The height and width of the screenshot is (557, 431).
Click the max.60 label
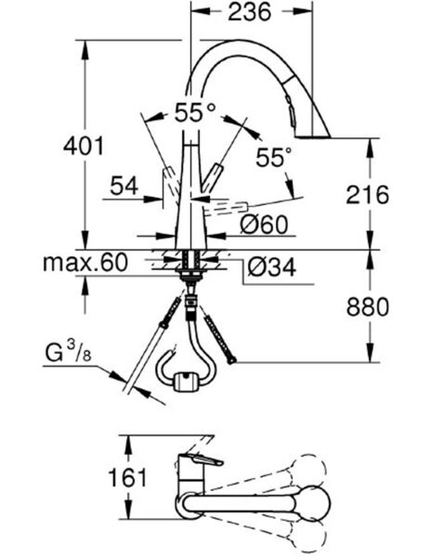[x=85, y=263]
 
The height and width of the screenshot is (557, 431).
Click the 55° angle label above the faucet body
[x=194, y=113]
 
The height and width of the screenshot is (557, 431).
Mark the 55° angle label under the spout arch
[x=274, y=157]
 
